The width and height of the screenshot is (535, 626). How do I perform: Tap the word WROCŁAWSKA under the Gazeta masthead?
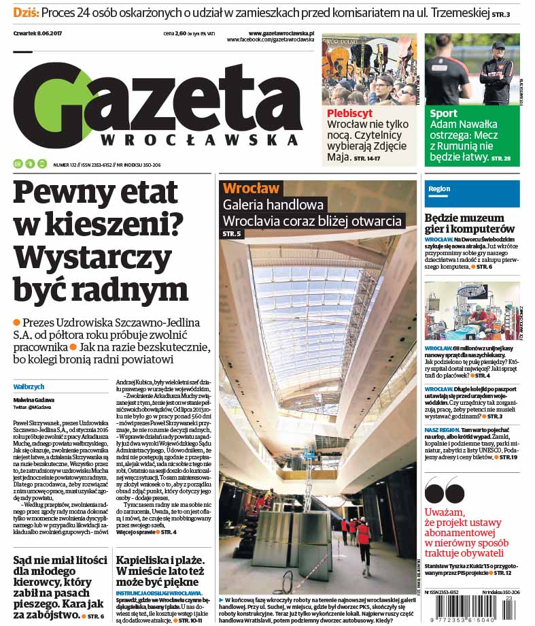click(x=199, y=139)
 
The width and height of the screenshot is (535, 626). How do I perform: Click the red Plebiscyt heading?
click(x=349, y=114)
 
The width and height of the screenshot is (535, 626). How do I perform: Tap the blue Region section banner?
click(x=472, y=189)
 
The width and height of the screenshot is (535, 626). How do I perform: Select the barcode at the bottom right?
click(x=472, y=608)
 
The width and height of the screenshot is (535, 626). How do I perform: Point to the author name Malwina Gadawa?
click(x=33, y=400)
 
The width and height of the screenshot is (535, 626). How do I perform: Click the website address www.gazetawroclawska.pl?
click(x=281, y=33)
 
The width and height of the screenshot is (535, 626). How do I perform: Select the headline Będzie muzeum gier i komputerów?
click(x=470, y=224)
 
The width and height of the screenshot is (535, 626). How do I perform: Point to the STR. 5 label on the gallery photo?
click(x=232, y=235)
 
